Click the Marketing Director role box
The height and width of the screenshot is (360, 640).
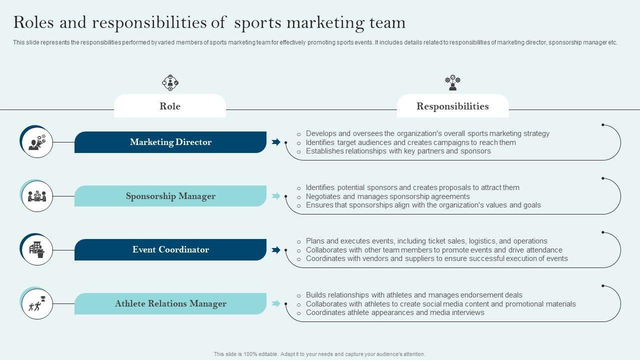(170, 142)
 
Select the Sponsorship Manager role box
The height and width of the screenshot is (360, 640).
(170, 196)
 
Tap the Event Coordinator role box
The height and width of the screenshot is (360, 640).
(170, 249)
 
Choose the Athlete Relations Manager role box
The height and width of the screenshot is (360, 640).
(170, 303)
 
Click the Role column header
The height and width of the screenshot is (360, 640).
(170, 106)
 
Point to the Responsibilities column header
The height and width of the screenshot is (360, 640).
(452, 106)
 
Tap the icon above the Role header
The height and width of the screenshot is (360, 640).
(170, 83)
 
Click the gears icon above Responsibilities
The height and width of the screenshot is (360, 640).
(452, 83)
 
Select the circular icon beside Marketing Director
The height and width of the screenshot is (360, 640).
(36, 142)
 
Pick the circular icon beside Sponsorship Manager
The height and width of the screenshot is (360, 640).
(36, 196)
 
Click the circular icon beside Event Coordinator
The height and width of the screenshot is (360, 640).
(36, 249)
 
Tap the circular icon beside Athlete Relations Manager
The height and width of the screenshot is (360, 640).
(36, 303)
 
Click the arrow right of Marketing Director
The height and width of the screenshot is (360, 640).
(275, 142)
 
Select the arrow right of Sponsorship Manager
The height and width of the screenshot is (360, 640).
(275, 196)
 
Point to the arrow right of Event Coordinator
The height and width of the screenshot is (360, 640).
(275, 249)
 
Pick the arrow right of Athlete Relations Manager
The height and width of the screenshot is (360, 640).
(275, 303)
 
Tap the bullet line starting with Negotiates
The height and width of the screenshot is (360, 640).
(387, 196)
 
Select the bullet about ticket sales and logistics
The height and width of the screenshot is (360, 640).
(426, 241)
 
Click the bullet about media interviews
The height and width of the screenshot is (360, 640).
(395, 312)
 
